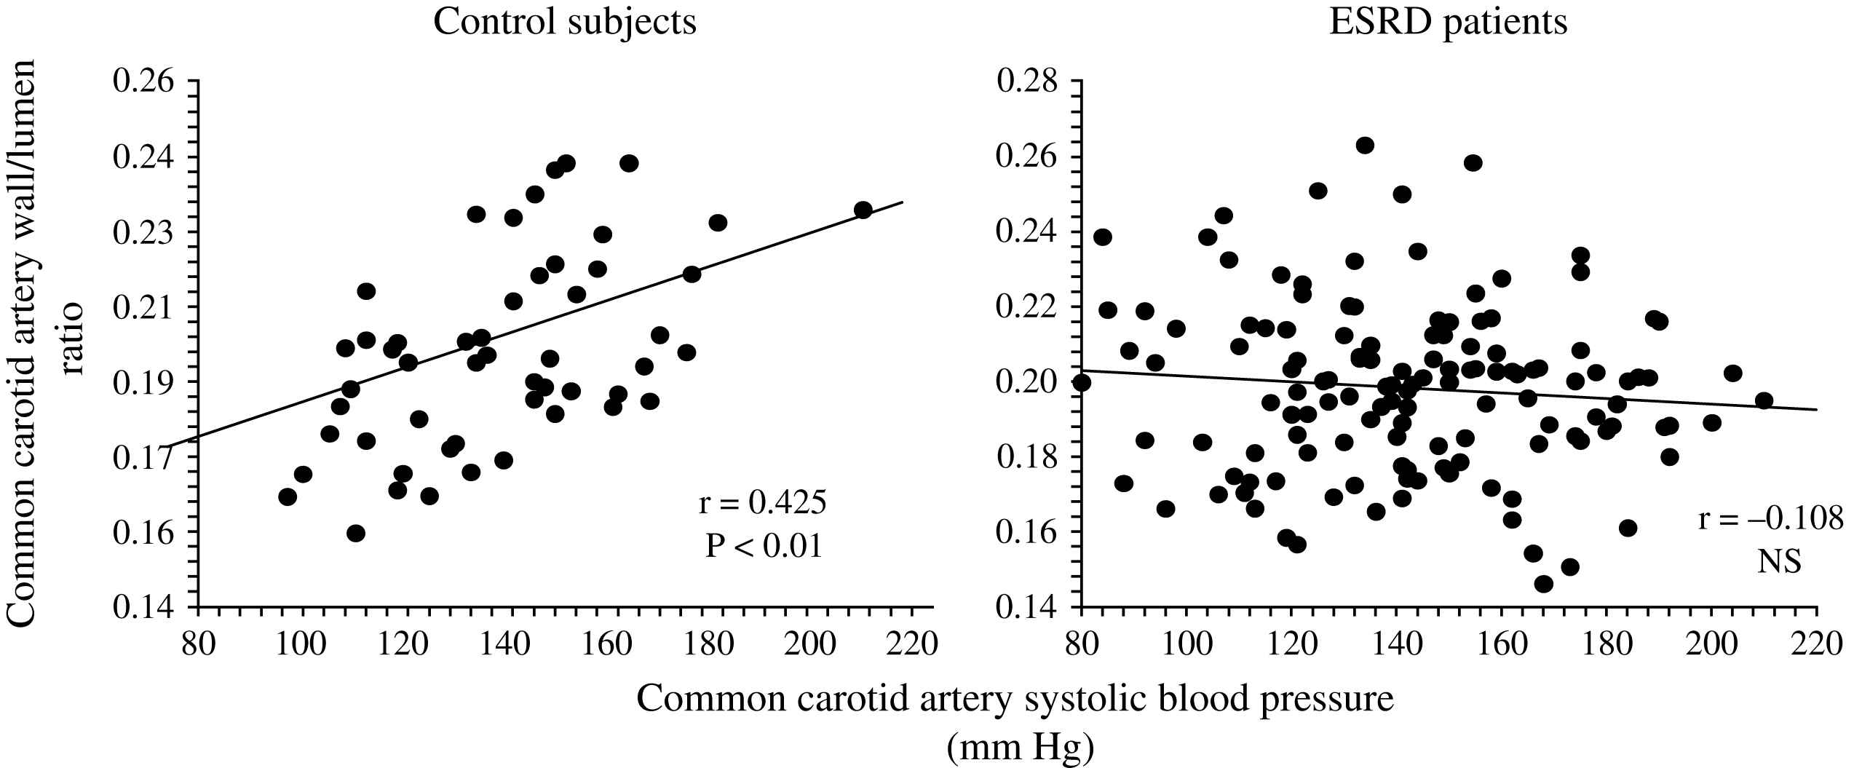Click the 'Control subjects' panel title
pyautogui.click(x=565, y=23)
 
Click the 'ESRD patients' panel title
pyautogui.click(x=1449, y=23)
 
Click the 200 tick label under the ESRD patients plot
pyautogui.click(x=1711, y=644)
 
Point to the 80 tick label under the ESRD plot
pyautogui.click(x=1082, y=644)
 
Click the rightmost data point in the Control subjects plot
pyautogui.click(x=863, y=210)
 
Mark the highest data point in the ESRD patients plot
pyautogui.click(x=1365, y=145)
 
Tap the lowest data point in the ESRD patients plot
pyautogui.click(x=1543, y=584)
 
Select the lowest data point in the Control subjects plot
pyautogui.click(x=355, y=534)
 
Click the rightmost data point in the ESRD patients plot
pyautogui.click(x=1764, y=400)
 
